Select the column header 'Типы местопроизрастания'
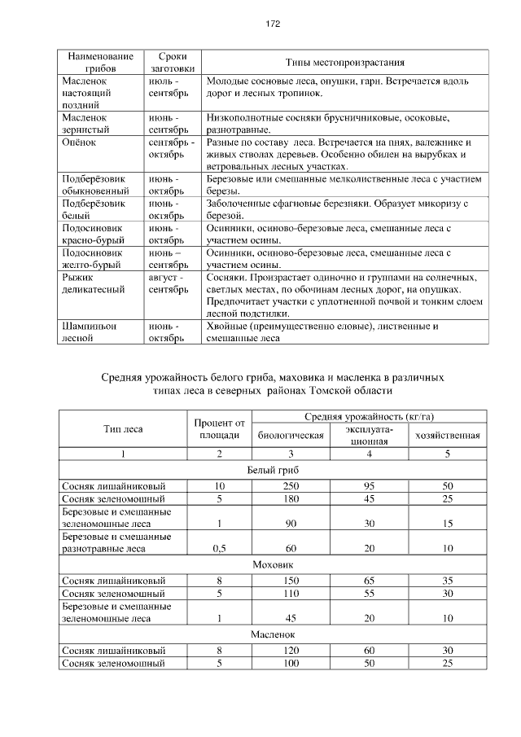click(345, 63)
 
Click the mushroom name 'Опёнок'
click(80, 141)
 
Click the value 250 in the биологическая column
click(291, 486)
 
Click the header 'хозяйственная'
click(447, 435)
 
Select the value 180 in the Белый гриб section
click(291, 498)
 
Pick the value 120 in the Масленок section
click(291, 651)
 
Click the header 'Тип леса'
click(123, 428)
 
